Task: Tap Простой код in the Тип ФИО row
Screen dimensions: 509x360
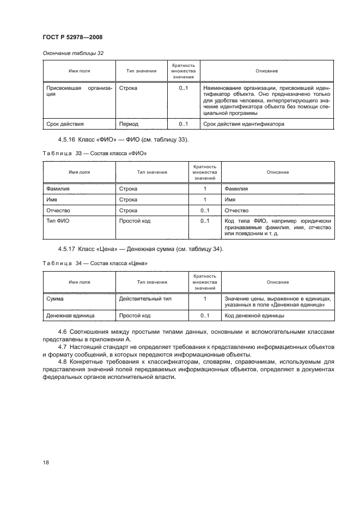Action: coord(135,220)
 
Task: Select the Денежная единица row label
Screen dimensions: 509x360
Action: coord(70,315)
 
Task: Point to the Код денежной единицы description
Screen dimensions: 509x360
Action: coord(254,315)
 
